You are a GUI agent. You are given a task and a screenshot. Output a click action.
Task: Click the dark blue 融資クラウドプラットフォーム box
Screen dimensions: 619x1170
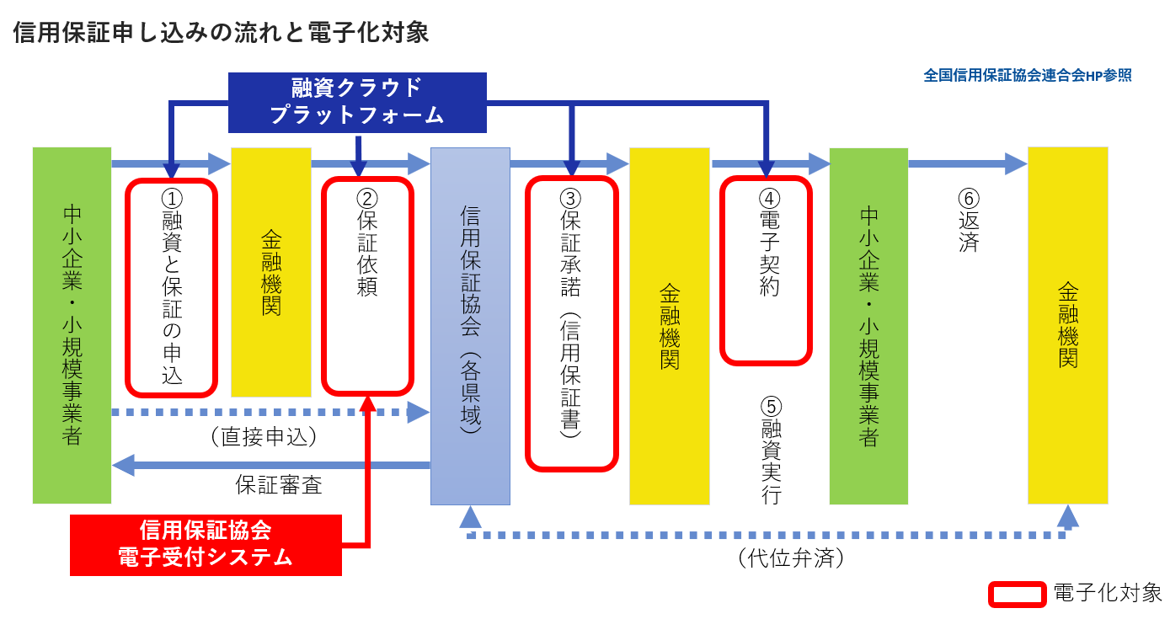click(357, 102)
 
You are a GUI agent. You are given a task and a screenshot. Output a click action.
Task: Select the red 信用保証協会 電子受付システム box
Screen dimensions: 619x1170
click(206, 544)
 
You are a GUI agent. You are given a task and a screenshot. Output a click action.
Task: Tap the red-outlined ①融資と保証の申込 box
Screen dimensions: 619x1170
click(172, 287)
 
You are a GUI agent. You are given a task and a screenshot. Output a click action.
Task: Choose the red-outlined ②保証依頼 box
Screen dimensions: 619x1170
click(368, 287)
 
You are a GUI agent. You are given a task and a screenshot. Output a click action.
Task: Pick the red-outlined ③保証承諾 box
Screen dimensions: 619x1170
click(571, 323)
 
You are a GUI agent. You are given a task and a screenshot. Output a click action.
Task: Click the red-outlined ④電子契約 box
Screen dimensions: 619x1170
click(766, 269)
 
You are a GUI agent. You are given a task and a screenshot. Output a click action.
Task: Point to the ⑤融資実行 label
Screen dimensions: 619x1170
click(770, 451)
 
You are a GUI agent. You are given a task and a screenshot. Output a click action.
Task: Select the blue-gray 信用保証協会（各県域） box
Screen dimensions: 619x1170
click(470, 326)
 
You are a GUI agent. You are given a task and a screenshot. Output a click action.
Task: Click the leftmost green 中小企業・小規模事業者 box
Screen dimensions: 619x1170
click(72, 325)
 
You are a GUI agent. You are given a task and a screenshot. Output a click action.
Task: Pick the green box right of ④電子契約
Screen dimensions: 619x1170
click(868, 326)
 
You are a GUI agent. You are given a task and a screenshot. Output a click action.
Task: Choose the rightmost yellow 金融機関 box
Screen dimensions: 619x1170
click(1067, 325)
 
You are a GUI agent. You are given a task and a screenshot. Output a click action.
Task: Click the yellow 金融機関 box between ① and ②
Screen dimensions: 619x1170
click(270, 272)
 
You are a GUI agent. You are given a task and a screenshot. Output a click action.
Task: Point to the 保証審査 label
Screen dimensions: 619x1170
click(278, 486)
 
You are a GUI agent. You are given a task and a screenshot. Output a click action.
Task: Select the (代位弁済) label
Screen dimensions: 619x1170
click(790, 558)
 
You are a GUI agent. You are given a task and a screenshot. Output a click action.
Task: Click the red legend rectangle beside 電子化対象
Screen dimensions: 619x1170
click(1017, 594)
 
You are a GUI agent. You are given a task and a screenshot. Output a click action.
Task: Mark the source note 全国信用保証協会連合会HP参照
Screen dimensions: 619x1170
click(1027, 75)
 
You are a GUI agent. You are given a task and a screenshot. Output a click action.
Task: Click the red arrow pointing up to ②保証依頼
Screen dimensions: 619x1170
click(367, 472)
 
